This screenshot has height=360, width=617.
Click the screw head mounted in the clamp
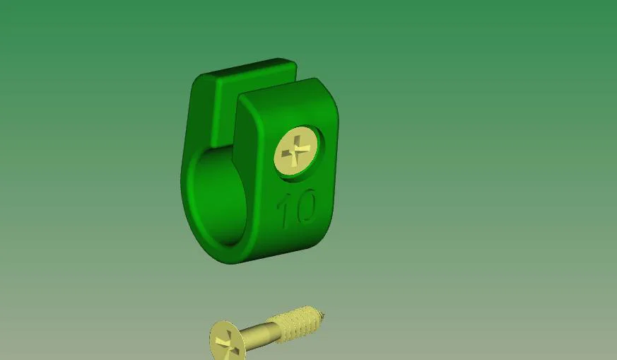[x=297, y=150]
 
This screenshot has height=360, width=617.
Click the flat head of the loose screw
[x=227, y=341]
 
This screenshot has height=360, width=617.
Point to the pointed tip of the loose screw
[x=323, y=313]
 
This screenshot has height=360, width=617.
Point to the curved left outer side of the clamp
[x=184, y=177]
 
